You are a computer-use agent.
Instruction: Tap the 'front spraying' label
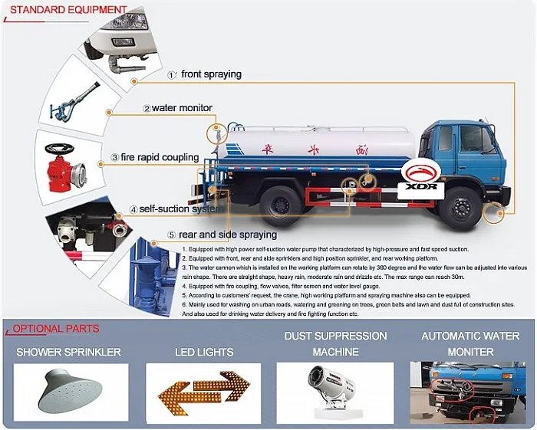[x=211, y=74]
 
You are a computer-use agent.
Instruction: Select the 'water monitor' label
[x=182, y=108]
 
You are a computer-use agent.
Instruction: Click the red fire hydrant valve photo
[x=62, y=165]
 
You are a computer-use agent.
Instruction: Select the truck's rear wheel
[x=279, y=205]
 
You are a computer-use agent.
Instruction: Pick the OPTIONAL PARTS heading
[x=55, y=329]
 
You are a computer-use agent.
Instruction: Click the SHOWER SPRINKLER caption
[x=69, y=353]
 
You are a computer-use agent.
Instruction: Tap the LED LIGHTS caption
[x=204, y=353]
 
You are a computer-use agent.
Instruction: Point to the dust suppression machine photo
[x=336, y=392]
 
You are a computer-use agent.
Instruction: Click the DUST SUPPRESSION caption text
[x=336, y=336]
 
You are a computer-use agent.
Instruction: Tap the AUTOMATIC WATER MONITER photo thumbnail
[x=467, y=391]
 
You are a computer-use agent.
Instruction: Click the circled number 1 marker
[x=172, y=75]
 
